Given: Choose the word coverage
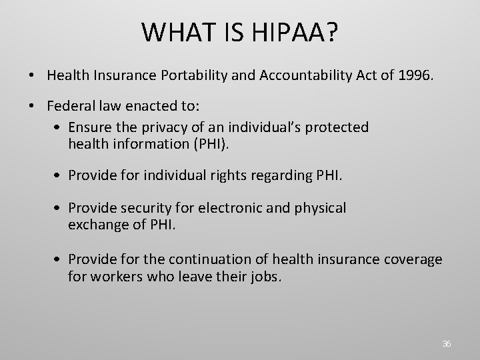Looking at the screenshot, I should pyautogui.click(x=413, y=259).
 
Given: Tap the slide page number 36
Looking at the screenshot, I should pyautogui.click(x=447, y=344).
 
